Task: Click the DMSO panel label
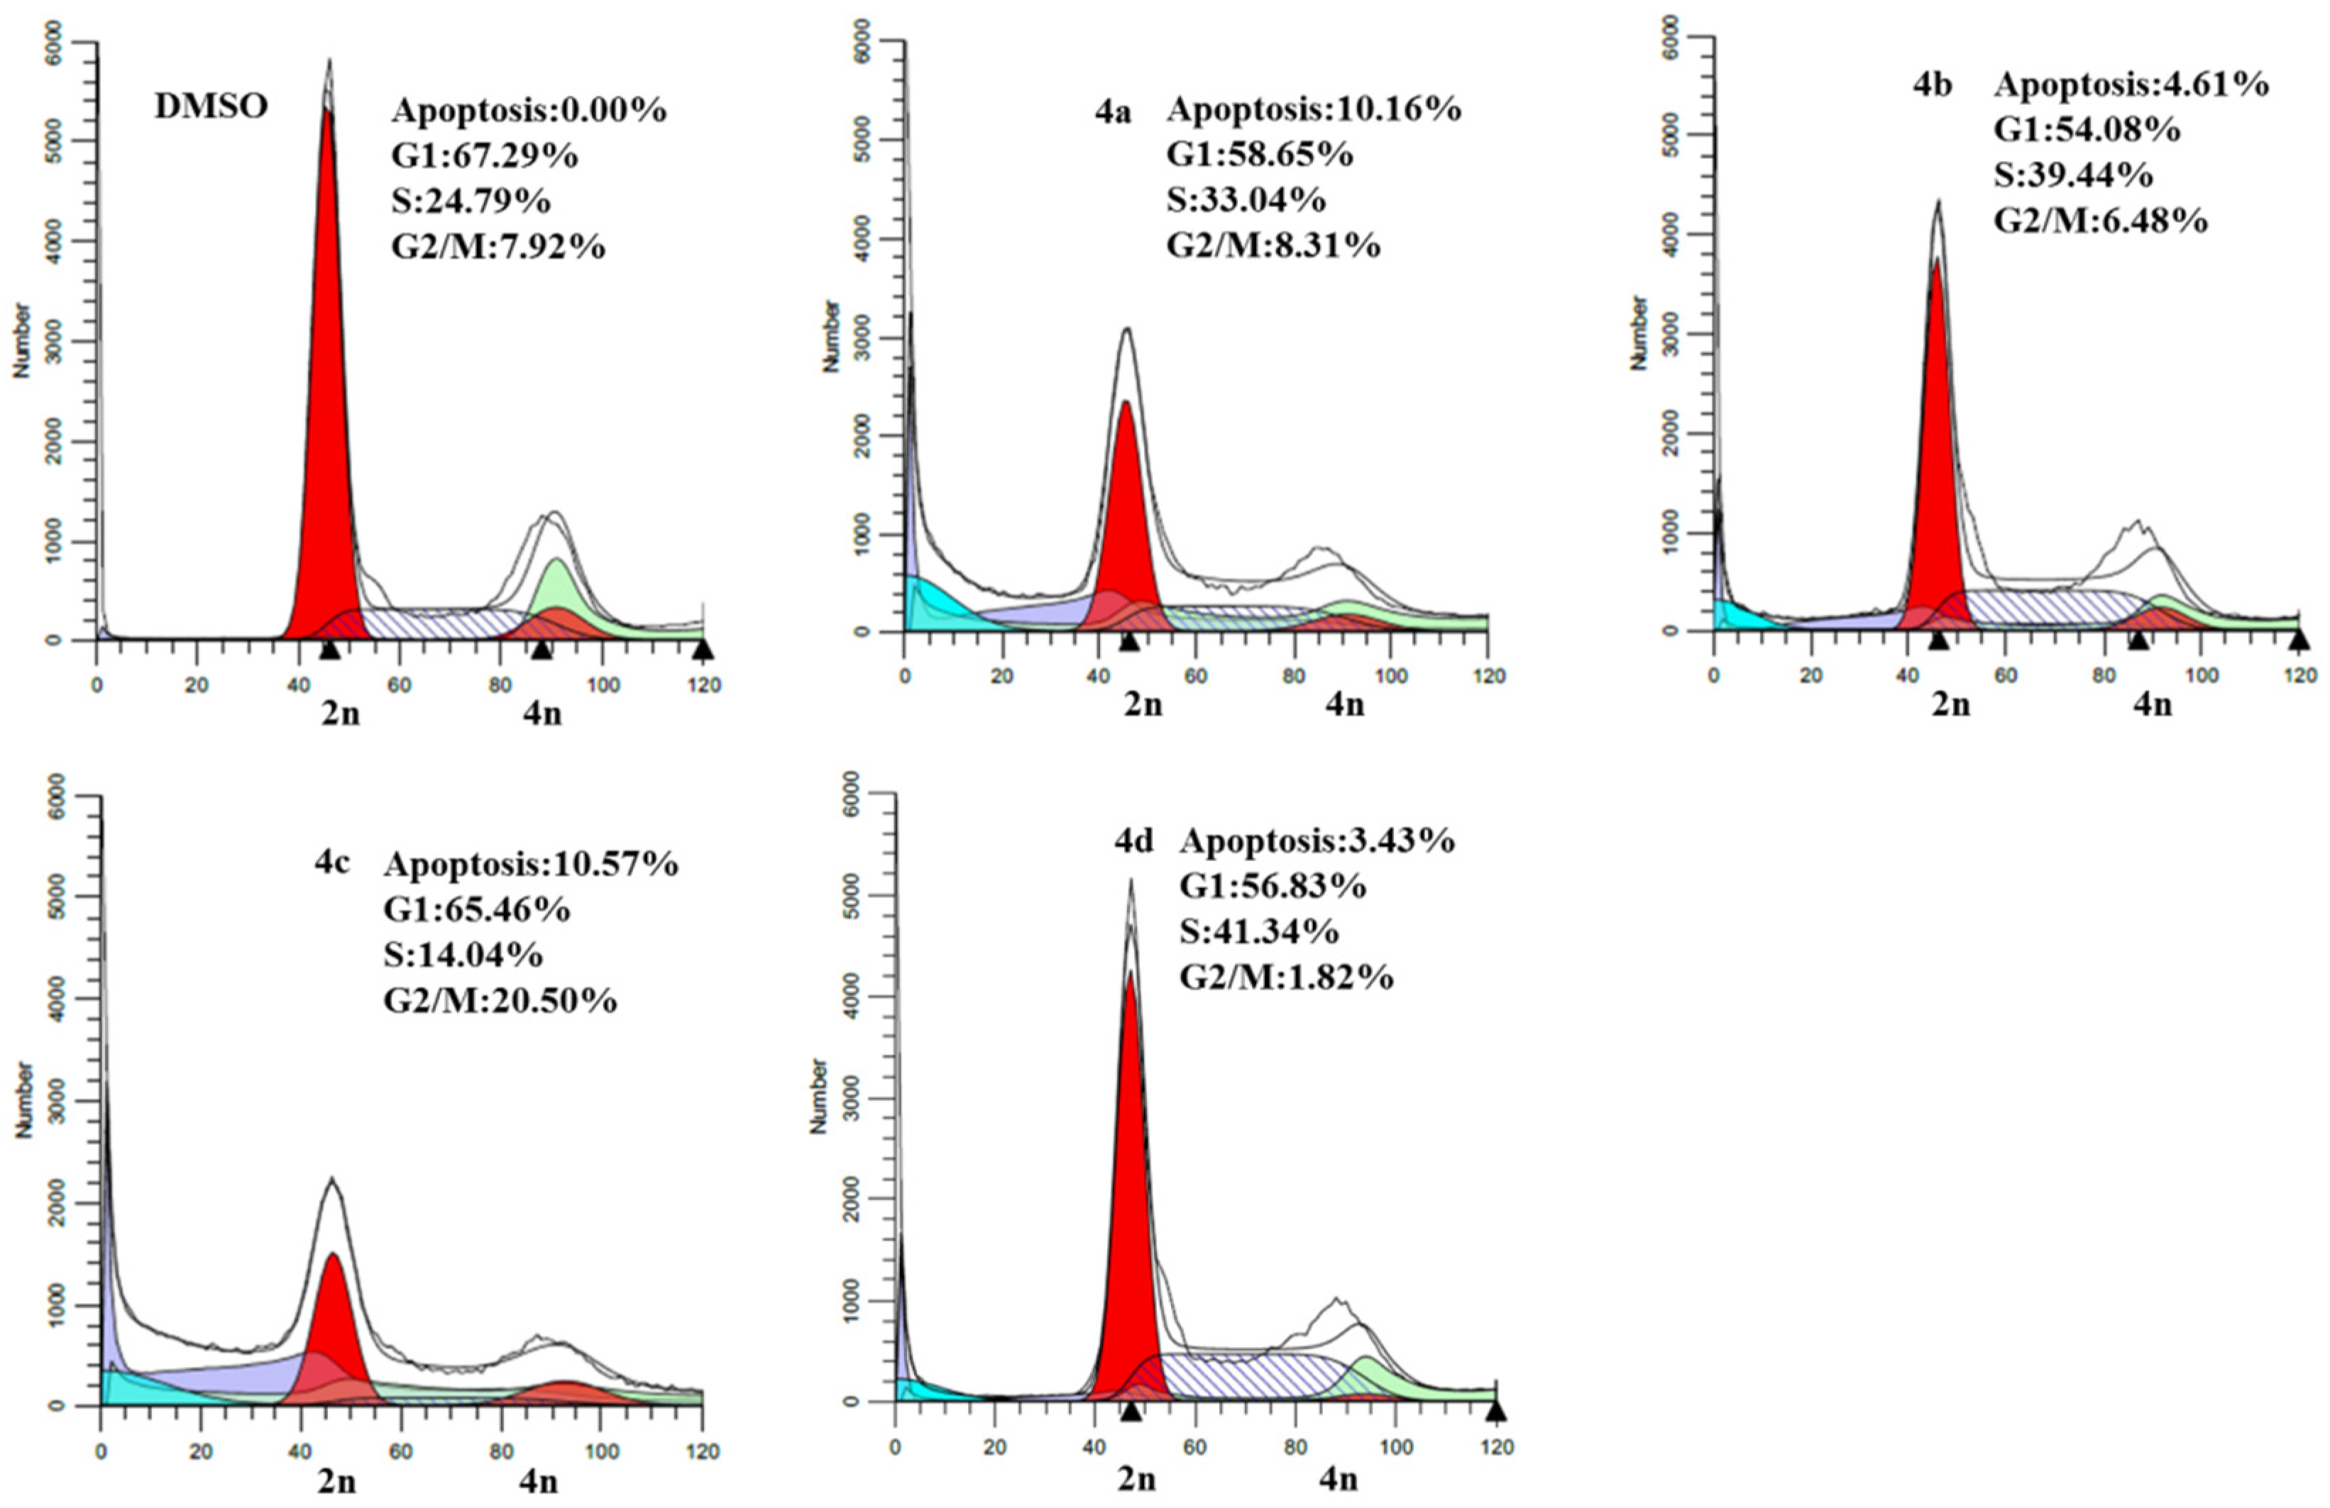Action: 211,106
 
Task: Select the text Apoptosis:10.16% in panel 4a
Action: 1313,109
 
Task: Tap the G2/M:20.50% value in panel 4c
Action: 500,1000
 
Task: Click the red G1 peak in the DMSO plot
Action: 328,392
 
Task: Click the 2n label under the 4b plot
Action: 1950,704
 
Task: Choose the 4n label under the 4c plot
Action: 539,1480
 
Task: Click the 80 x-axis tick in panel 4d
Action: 1295,1447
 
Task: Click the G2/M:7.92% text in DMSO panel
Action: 498,245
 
